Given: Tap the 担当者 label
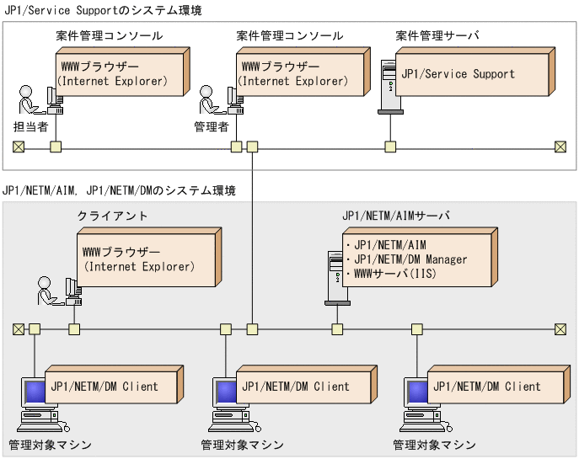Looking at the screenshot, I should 30,126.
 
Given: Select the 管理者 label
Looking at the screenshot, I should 212,126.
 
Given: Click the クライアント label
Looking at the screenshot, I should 112,216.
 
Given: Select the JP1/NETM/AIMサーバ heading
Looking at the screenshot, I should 395,216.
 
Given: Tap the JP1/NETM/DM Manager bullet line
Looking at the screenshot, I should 406,259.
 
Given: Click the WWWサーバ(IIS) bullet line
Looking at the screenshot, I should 393,273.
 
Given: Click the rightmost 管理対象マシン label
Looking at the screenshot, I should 434,445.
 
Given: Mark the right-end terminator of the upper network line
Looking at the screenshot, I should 560,147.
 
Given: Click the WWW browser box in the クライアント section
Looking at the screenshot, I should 143,259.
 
